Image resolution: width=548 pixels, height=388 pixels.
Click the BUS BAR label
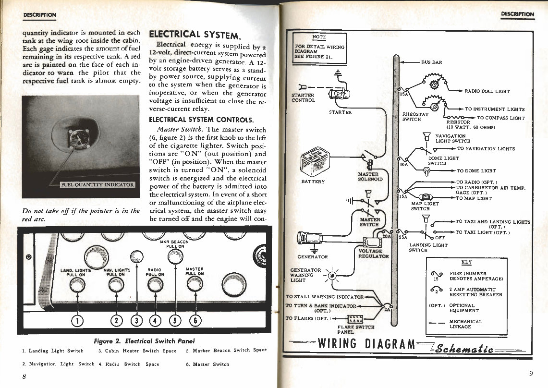431,62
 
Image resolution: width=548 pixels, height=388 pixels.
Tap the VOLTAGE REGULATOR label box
370,254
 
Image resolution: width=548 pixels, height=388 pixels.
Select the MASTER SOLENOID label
370,176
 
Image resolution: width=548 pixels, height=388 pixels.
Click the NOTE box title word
319,37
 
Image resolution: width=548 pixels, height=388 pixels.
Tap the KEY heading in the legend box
466,262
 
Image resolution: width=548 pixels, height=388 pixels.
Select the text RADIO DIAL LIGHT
487,91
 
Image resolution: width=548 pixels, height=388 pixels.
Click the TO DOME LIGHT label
476,170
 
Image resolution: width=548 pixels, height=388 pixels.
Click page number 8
24,376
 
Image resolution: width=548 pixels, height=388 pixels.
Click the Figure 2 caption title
144,341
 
